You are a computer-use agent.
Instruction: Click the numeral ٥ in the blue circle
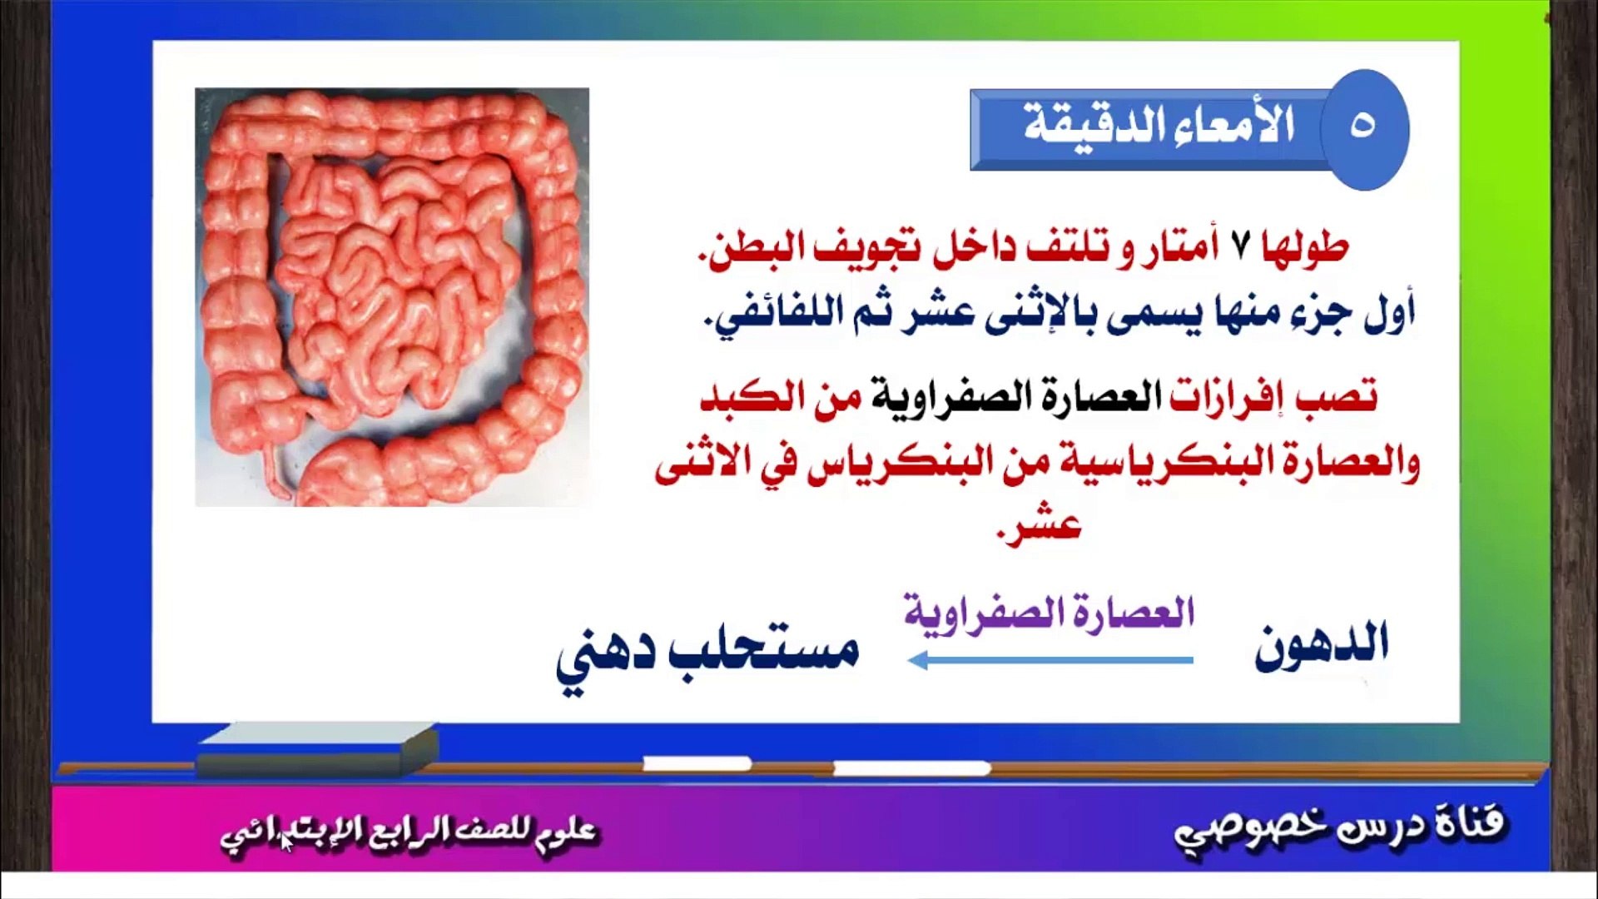click(1362, 126)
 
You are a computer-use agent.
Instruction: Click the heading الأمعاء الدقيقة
click(1159, 126)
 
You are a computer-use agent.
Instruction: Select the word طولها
click(1304, 247)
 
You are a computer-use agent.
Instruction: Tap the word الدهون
click(1322, 644)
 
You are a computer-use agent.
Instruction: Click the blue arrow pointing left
click(1050, 661)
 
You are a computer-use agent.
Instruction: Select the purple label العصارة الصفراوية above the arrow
click(1050, 613)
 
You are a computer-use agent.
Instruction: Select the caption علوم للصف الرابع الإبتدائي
click(409, 832)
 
